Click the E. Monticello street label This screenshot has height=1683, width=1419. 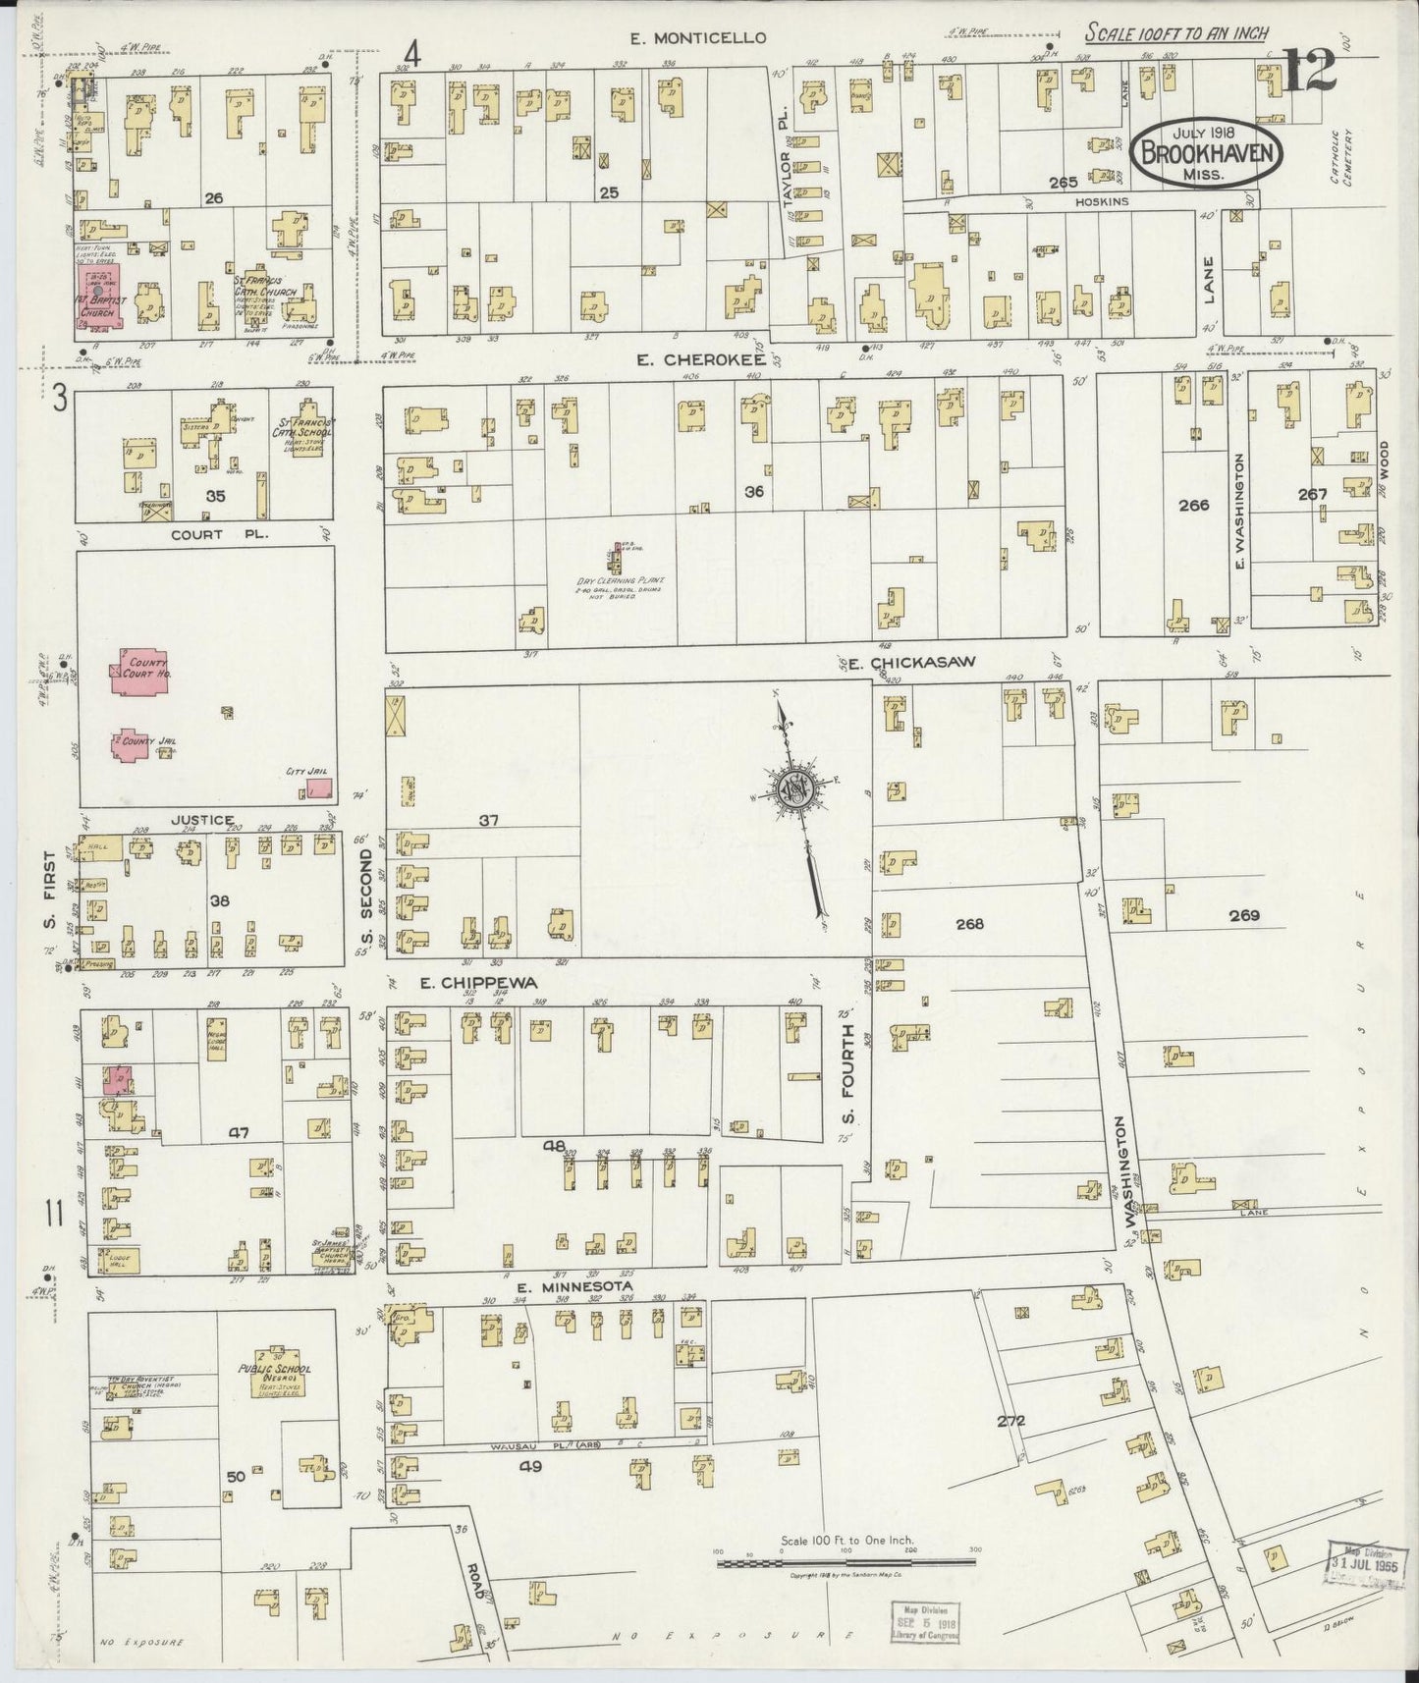coord(697,38)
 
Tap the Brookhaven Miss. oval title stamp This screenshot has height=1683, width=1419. coord(1208,153)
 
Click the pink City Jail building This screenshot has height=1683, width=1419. coord(319,787)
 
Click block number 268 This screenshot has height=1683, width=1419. coord(969,923)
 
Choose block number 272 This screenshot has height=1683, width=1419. coord(1010,1420)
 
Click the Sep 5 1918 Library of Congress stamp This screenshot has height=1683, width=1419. coord(928,1620)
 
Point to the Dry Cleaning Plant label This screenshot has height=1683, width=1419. coord(619,582)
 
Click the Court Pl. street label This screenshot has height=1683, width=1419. coord(201,534)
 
